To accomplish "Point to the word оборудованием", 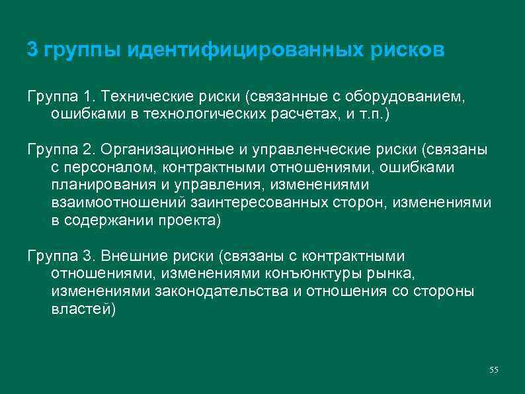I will click(x=407, y=97).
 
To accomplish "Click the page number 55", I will click(x=493, y=369).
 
